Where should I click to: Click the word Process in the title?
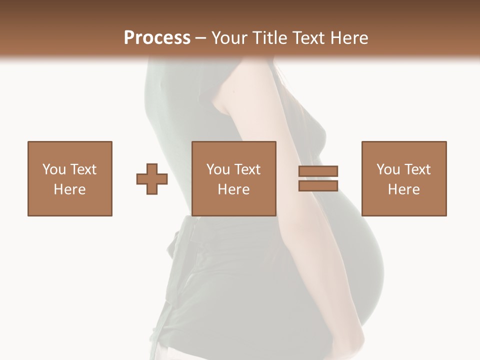tap(157, 37)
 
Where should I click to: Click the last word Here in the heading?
tap(348, 37)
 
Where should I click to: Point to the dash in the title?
tap(201, 38)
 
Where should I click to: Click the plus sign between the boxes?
tap(152, 178)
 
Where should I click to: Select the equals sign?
tap(318, 178)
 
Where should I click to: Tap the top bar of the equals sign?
tap(318, 171)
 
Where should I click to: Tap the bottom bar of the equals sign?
tap(318, 185)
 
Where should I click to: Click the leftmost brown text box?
tap(69, 178)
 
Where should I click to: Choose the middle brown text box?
tap(233, 178)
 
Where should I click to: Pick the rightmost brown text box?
tap(403, 178)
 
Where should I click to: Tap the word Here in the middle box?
tap(233, 189)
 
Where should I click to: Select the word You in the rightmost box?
tap(388, 169)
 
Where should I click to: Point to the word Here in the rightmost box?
tap(403, 189)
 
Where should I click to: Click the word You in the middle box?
tap(218, 169)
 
